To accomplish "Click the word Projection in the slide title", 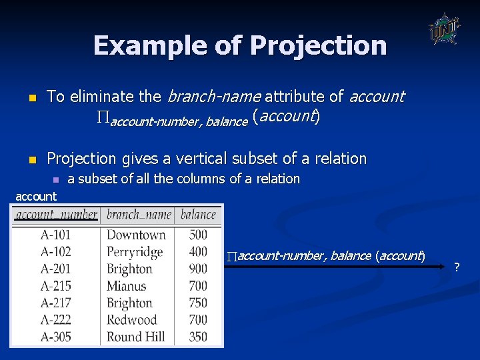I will tap(317, 45).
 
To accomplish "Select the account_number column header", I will tap(57, 215).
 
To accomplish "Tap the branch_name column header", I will tap(139, 215).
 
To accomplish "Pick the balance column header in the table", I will tap(198, 215).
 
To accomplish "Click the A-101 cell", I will tap(55, 235).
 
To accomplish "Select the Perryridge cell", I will tap(135, 252).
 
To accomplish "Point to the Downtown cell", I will tap(136, 235).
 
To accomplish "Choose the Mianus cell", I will tap(126, 286).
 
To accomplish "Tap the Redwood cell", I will tap(131, 320).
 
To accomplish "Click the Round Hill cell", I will tap(135, 337).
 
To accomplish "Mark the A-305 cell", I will tap(55, 337).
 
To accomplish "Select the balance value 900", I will tap(198, 269).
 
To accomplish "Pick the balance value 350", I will tap(198, 337).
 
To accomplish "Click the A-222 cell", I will tap(55, 320).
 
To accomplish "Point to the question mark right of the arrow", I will tap(457, 267).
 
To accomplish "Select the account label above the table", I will tap(36, 196).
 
